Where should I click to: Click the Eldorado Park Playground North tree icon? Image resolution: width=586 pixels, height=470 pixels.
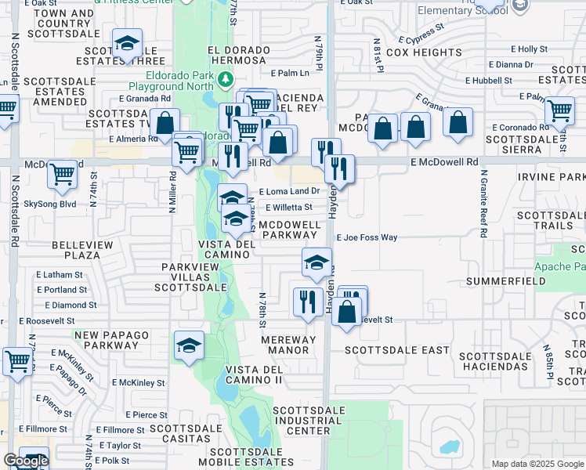pos(226,79)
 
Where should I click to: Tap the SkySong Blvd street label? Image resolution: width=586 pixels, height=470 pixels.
pos(50,203)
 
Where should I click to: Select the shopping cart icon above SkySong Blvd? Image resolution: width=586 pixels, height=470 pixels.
pos(63,174)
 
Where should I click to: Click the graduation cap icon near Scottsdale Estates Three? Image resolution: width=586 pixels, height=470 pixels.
pos(126,45)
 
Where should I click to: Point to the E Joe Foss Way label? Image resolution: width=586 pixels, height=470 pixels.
pos(367,237)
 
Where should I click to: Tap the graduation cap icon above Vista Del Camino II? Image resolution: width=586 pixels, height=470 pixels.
pos(189,345)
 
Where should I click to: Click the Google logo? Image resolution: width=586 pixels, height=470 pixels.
pos(26,461)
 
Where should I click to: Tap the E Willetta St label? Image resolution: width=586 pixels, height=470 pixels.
pos(289,208)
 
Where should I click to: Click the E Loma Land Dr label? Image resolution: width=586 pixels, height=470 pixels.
pos(290,191)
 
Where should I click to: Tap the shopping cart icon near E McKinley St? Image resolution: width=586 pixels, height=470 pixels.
pos(16,362)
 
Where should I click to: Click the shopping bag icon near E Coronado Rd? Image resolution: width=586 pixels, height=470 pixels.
pos(458,123)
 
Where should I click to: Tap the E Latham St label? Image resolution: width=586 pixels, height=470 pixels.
pos(60,275)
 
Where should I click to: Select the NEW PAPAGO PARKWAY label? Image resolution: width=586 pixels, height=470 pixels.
pos(112,340)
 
